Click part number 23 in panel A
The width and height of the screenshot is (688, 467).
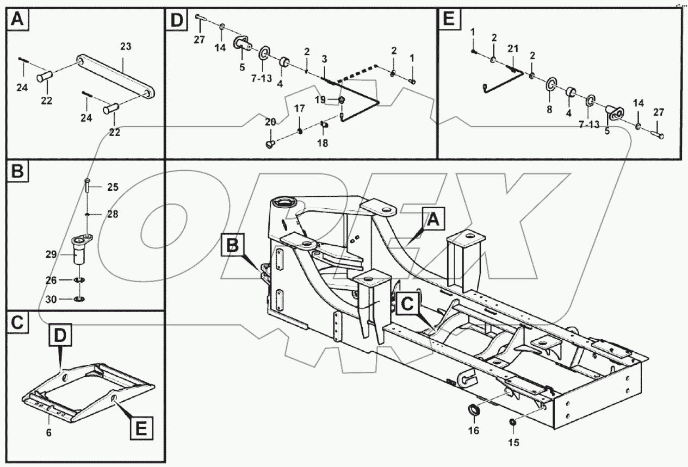[125, 47]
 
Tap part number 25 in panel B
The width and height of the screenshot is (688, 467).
[113, 188]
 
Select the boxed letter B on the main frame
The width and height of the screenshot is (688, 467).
[233, 246]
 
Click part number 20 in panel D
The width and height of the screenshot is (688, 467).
[270, 122]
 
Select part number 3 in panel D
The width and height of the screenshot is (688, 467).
[324, 59]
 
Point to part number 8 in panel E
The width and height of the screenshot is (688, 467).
[549, 109]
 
